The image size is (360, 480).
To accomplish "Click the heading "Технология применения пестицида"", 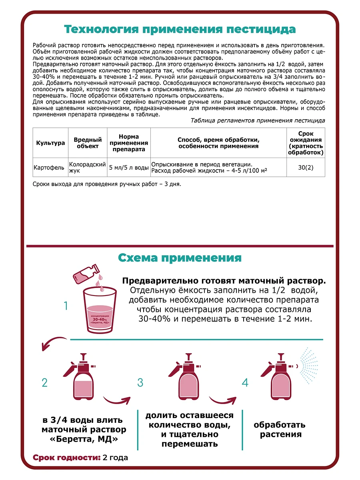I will pyautogui.click(x=180, y=30).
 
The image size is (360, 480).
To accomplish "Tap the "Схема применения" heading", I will pyautogui.click(x=180, y=258).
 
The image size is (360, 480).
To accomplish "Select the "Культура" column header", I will pyautogui.click(x=50, y=143).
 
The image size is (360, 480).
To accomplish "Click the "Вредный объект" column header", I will pyautogui.click(x=88, y=143).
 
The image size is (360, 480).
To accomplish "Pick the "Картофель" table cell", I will pyautogui.click(x=49, y=168).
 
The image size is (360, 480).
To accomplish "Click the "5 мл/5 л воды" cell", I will pyautogui.click(x=129, y=168).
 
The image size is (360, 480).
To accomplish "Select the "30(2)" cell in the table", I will pyautogui.click(x=306, y=168).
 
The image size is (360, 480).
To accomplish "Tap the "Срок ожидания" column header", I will pyautogui.click(x=306, y=143).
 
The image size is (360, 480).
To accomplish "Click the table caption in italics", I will pyautogui.click(x=258, y=120).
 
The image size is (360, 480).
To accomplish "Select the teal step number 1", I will pyautogui.click(x=66, y=306).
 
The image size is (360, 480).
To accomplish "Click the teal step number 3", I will pyautogui.click(x=140, y=382).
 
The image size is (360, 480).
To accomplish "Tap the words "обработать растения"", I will pyautogui.click(x=280, y=430).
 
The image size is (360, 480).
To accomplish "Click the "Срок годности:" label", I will pyautogui.click(x=66, y=458).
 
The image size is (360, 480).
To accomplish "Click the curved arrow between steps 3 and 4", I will pyautogui.click(x=222, y=400).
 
